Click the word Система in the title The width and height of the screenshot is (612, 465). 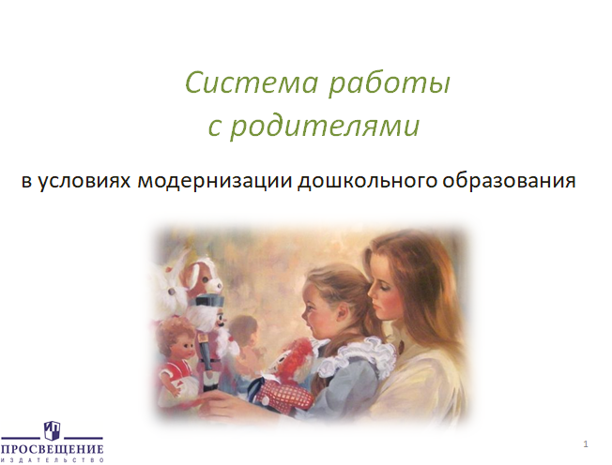pyautogui.click(x=252, y=82)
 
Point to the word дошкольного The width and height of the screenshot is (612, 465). pyautogui.click(x=367, y=181)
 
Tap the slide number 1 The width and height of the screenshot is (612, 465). pyautogui.click(x=586, y=444)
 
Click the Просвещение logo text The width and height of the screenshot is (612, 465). pyautogui.click(x=53, y=449)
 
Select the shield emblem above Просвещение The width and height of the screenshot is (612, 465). pyautogui.click(x=52, y=430)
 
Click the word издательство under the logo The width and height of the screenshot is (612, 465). pyautogui.click(x=53, y=460)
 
